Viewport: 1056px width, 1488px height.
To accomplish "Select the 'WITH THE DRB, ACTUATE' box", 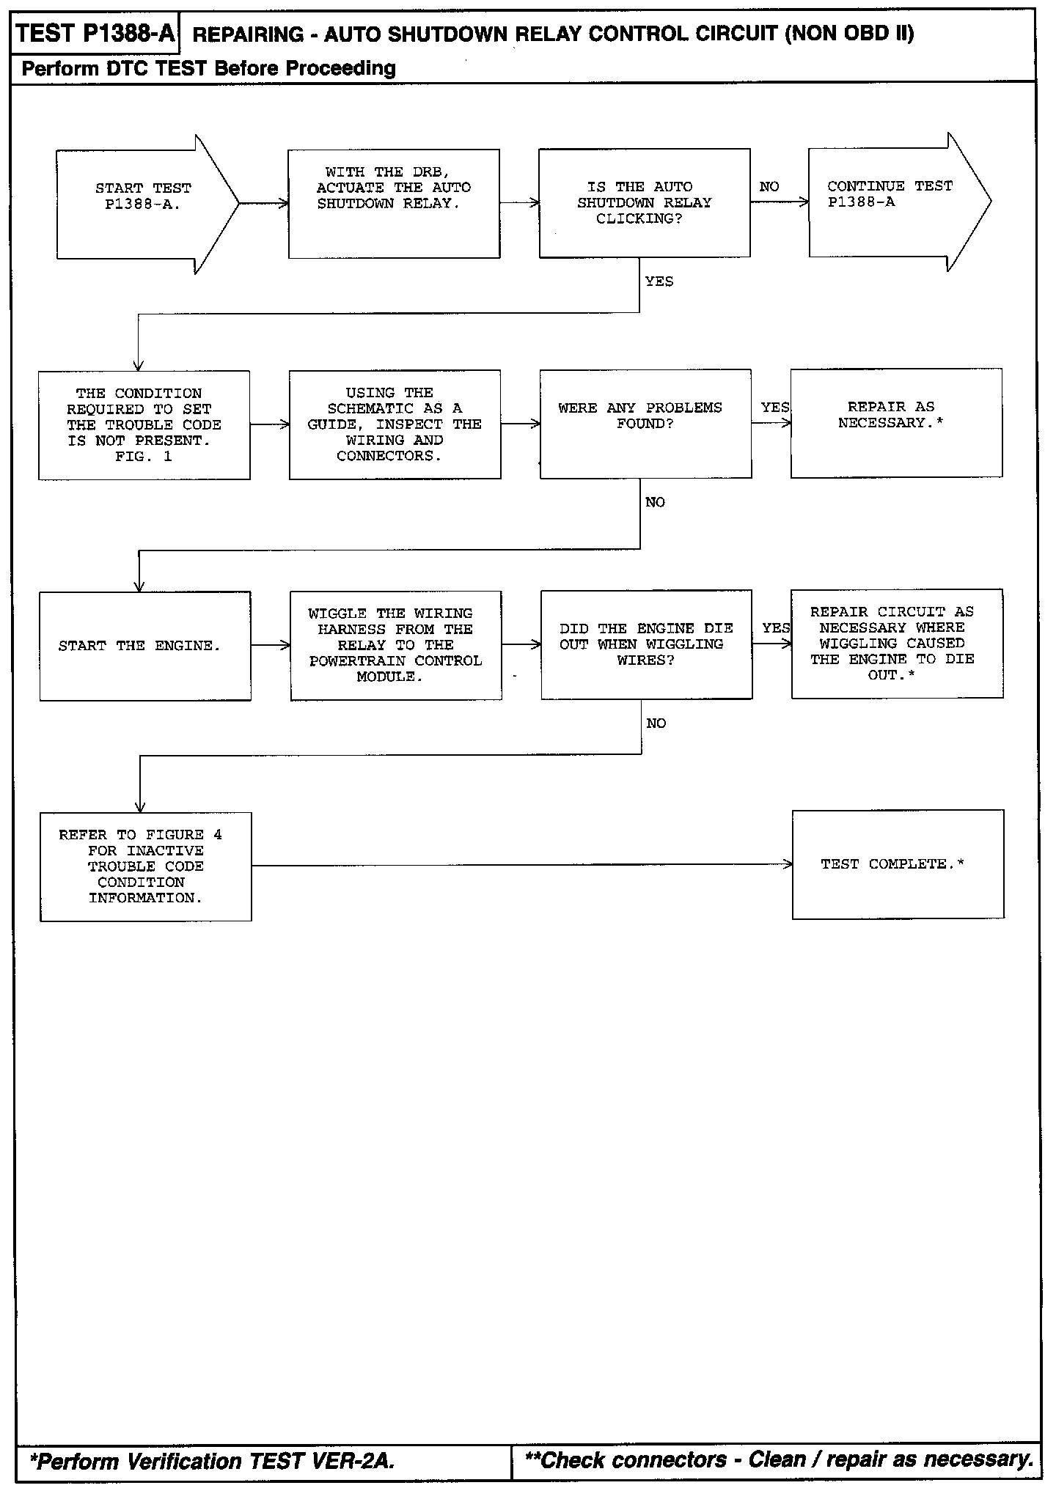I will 394,204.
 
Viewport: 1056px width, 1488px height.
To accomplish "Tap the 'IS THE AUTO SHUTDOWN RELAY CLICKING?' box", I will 644,203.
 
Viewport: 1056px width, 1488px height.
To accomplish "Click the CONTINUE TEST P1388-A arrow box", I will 890,202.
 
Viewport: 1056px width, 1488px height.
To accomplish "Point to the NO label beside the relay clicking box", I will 769,187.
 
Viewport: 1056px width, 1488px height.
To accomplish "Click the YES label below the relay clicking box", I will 659,281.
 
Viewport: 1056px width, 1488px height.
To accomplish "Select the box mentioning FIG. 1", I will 144,425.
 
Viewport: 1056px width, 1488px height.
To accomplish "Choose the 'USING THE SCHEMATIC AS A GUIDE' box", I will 395,424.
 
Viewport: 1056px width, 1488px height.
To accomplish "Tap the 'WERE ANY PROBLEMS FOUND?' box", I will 645,424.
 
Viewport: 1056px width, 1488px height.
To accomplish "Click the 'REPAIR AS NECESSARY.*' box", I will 896,423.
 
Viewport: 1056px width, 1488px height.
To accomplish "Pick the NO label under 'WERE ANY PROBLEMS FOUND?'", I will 655,502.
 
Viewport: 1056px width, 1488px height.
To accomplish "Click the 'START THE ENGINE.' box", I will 145,646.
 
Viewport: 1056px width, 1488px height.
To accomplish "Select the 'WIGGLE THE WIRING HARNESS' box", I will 396,645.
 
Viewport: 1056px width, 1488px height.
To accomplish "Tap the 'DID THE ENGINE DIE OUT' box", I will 646,644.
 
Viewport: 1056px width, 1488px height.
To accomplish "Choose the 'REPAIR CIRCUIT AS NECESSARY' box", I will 897,644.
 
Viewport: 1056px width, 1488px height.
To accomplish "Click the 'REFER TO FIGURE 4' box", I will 145,866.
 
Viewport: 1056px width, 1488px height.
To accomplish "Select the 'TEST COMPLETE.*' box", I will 898,864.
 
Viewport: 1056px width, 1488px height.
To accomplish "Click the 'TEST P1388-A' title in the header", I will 95,34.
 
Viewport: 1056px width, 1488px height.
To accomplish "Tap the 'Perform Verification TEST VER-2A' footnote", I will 213,1462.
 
